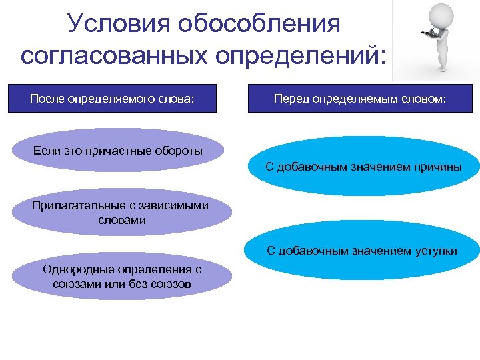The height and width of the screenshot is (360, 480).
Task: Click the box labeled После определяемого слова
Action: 112,99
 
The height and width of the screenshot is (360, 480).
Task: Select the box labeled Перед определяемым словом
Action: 361,99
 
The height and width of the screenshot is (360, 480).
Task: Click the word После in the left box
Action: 44,99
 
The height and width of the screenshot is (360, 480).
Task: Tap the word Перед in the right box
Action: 291,99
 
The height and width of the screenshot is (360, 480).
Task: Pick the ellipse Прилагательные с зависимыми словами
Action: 120,213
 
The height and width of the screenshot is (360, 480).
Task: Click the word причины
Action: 438,167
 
